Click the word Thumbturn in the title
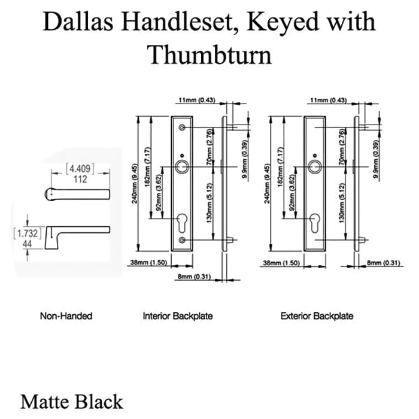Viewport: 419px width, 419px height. click(x=209, y=55)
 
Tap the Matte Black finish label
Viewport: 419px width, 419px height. click(x=71, y=401)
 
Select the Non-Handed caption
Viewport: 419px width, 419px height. click(x=66, y=315)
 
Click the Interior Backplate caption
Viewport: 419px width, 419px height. click(x=178, y=315)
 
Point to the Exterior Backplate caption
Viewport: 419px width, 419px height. click(x=317, y=315)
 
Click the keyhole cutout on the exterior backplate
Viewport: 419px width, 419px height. click(x=315, y=223)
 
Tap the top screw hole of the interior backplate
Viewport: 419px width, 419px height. click(x=183, y=128)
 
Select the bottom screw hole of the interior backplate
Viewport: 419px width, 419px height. click(x=183, y=240)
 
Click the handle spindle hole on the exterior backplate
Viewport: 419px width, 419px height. click(x=315, y=166)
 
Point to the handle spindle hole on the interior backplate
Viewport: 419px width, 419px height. click(x=183, y=166)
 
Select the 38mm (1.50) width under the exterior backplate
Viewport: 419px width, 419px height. click(x=281, y=263)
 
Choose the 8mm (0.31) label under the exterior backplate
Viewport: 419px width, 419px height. click(x=381, y=263)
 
